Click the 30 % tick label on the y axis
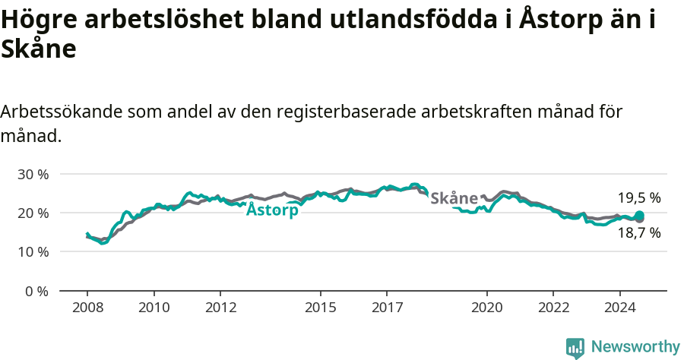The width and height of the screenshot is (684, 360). coord(33,174)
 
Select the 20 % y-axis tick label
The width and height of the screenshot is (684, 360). coord(33,213)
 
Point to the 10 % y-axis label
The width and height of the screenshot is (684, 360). coord(33,251)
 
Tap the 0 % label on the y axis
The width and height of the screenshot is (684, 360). coord(36,291)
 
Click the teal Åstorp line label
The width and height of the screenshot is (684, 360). coord(272,210)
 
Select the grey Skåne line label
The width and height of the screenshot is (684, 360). coord(454,198)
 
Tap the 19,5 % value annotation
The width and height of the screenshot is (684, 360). coord(638,197)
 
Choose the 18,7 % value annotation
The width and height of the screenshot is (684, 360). coord(638,233)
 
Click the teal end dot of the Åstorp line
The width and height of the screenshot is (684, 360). coord(640,216)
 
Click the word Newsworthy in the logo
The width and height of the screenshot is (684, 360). coord(635,347)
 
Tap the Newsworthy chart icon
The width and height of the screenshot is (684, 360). coord(575,348)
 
